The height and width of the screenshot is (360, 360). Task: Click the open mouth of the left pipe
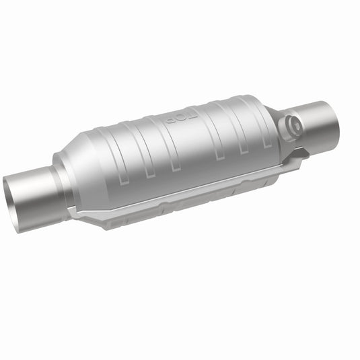pyautogui.click(x=16, y=203)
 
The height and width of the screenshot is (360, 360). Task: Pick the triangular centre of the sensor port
pyautogui.click(x=293, y=126)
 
